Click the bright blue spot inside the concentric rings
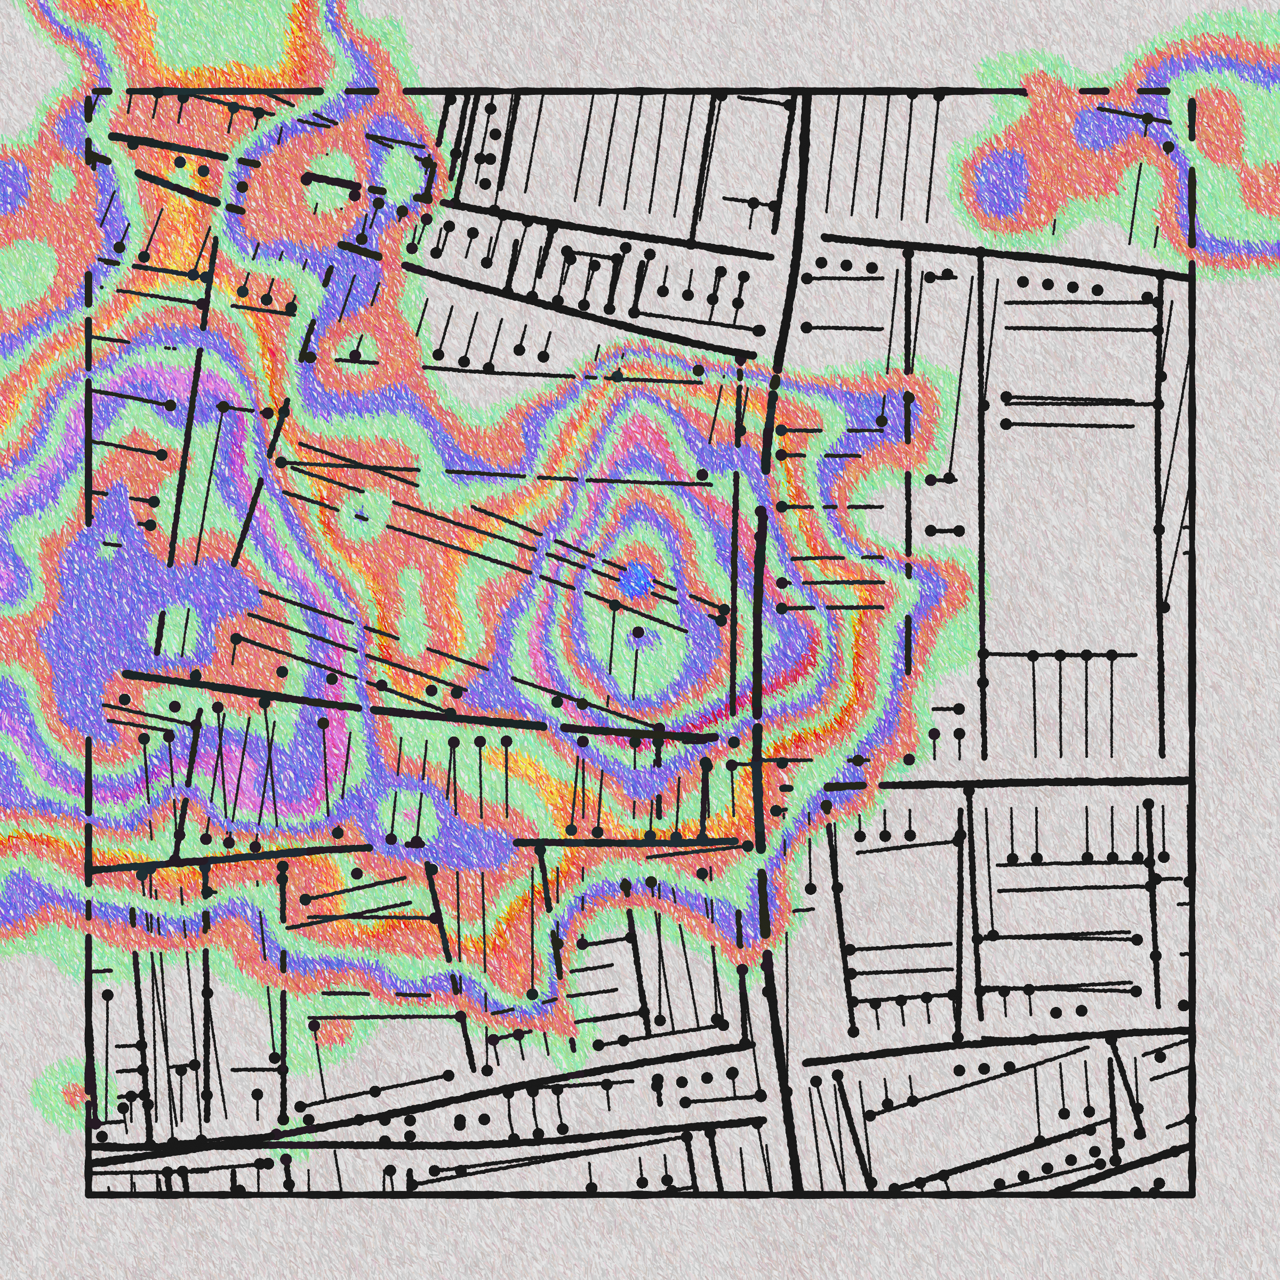637,581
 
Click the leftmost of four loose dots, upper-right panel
1023,282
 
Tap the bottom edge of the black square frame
636,1196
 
